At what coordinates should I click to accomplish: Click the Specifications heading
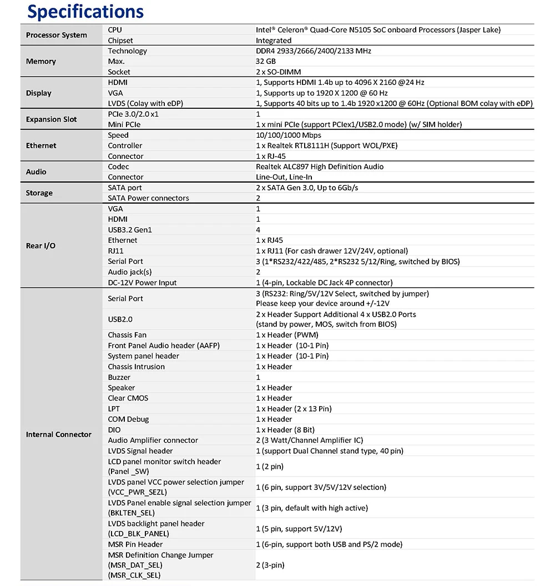[x=85, y=12]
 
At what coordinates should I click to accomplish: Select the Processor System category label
[x=57, y=35]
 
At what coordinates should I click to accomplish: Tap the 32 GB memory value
[x=266, y=61]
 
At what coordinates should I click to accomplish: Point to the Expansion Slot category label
[x=52, y=119]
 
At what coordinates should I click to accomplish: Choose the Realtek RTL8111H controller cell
[x=326, y=146]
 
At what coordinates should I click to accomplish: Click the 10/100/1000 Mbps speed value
[x=289, y=135]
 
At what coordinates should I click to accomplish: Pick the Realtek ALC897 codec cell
[x=320, y=167]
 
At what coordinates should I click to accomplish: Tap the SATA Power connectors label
[x=148, y=198]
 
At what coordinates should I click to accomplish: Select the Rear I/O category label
[x=41, y=246]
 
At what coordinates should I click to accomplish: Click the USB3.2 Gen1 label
[x=130, y=230]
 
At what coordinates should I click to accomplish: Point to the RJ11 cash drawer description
[x=332, y=251]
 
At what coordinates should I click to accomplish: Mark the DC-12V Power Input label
[x=142, y=283]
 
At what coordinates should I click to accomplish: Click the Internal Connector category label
[x=58, y=434]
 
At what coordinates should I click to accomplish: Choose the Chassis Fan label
[x=127, y=335]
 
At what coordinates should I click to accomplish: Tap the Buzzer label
[x=119, y=377]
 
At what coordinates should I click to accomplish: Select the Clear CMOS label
[x=128, y=398]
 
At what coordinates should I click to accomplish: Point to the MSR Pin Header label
[x=135, y=544]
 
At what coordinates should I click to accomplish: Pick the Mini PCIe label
[x=124, y=124]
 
